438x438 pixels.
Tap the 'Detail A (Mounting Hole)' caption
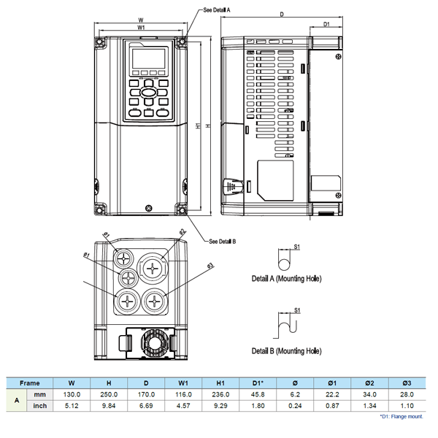[286, 279]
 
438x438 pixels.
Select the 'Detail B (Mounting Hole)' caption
[286, 351]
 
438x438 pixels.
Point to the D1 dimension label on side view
[327, 25]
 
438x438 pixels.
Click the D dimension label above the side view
[281, 14]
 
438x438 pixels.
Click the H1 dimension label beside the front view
[198, 126]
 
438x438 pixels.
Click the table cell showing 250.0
[109, 394]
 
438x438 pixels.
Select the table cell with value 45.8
[258, 394]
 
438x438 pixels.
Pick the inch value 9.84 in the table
[109, 405]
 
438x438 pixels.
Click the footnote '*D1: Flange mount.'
[401, 417]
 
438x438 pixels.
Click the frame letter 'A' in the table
[17, 400]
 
